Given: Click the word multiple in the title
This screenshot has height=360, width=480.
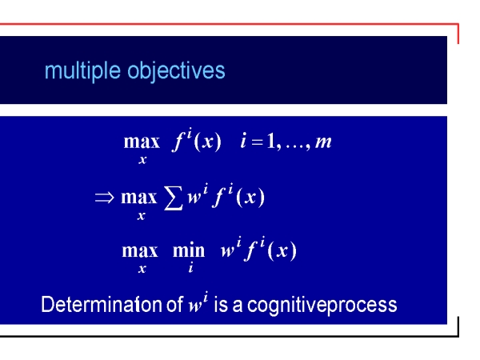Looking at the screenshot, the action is pos(82,72).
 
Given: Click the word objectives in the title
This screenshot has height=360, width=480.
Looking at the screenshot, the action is pos(176,72).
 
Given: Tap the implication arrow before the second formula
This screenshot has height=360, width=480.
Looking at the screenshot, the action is pos(105,198).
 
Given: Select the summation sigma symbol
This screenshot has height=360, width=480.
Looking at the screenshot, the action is pos(174,198).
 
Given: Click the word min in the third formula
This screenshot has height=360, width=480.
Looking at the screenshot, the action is pos(189,250).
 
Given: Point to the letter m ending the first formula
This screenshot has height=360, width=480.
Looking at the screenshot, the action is pos(323,142).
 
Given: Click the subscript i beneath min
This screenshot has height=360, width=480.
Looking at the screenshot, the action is pos(190,268).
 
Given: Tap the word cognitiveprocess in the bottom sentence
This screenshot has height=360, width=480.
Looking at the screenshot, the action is pos(322,306).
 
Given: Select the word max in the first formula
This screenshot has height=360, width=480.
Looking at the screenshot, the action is pos(142,142).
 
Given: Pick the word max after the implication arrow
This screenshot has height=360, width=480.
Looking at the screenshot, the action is pos(139,198).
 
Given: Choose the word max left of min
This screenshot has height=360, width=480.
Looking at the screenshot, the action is pos(140,251).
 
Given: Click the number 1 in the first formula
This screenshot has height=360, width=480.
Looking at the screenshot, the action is pos(271,141).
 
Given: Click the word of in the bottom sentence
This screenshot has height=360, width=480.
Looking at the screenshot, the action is pos(174,305).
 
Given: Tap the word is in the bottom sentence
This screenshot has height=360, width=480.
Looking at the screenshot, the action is pos(221,305).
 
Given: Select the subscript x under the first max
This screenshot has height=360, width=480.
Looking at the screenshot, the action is pos(142,160).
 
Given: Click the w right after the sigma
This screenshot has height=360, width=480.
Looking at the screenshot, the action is pos(194,198).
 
